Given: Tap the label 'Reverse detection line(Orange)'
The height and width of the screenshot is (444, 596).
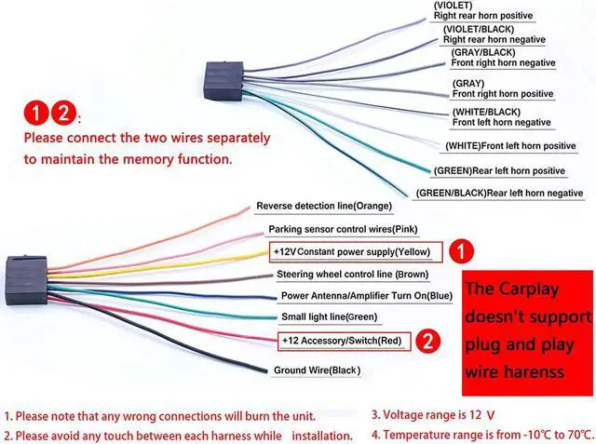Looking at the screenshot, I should tap(324, 206).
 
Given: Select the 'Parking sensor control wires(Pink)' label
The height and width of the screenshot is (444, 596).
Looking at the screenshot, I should tap(343, 229).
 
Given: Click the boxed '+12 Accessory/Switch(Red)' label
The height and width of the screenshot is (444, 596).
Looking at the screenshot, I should tap(342, 341).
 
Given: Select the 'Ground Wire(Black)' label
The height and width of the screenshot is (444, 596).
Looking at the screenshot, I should tap(316, 370).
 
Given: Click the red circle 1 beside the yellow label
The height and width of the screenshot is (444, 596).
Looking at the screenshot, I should tap(462, 251).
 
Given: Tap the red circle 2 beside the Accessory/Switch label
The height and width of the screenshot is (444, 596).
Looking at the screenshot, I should tap(426, 340).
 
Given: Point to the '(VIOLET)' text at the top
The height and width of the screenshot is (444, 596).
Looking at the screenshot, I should tap(454, 6).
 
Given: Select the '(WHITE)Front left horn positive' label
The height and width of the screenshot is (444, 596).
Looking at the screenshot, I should tap(510, 146).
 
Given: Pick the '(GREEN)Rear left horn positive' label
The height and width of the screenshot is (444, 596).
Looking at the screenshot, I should tap(499, 170).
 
